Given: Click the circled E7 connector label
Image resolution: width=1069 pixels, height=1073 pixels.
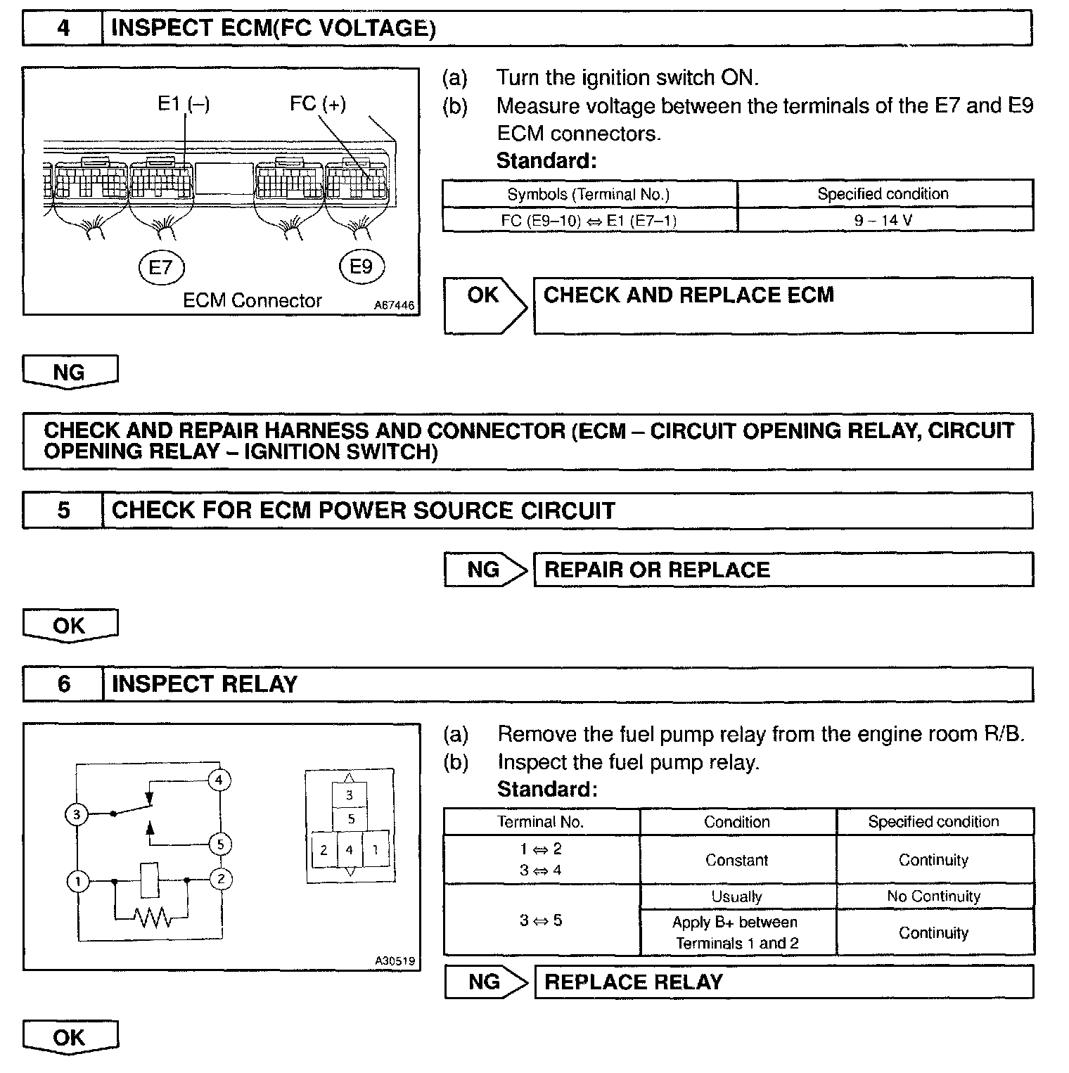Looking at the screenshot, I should [161, 267].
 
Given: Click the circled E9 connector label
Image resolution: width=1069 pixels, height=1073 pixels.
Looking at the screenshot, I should [361, 266].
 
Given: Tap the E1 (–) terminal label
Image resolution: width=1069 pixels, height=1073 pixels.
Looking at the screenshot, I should [184, 104].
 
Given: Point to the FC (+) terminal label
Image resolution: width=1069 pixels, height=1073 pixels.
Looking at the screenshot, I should [318, 104].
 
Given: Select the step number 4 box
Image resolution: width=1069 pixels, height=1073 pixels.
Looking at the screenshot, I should [63, 28].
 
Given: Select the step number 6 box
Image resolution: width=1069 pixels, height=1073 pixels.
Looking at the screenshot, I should [63, 684].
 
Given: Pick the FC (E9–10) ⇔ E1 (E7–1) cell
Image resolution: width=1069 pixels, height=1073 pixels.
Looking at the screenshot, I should [589, 220].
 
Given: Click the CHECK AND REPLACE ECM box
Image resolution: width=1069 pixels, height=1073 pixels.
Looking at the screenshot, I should [783, 305].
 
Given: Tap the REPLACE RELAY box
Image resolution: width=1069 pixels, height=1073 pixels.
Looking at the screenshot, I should [783, 982].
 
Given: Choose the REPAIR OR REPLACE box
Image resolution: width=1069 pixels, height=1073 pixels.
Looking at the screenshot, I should [783, 570].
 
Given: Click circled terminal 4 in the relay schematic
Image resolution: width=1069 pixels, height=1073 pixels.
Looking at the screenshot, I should [219, 780].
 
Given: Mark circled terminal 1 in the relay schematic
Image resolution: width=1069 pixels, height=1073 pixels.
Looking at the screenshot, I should [77, 881].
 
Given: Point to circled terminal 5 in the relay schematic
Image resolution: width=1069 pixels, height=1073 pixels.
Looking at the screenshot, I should [220, 844].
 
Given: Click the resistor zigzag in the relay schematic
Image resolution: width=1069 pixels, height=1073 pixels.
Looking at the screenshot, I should [152, 917].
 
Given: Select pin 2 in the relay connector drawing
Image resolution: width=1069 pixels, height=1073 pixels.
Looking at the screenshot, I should [324, 850].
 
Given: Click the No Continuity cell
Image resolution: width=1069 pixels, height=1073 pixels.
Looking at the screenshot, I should [933, 897].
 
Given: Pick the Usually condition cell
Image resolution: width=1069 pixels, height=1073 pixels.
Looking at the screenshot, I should [736, 897].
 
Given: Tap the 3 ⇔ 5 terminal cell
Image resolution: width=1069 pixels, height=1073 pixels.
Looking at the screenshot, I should [541, 920].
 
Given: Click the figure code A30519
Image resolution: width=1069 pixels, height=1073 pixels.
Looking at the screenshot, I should [395, 961].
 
